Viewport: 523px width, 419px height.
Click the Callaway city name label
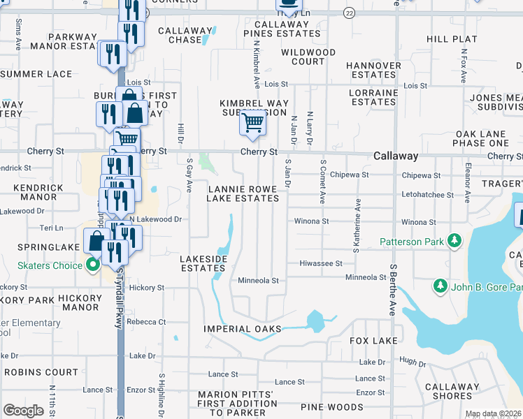click(396, 156)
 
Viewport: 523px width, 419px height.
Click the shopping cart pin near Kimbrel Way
click(252, 124)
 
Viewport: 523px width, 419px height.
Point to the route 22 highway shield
click(350, 13)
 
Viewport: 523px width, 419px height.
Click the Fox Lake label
click(374, 341)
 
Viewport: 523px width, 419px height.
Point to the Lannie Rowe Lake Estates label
click(243, 193)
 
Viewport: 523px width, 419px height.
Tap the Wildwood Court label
click(308, 57)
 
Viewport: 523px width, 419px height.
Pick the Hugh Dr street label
click(413, 361)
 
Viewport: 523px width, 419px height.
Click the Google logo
click(23, 411)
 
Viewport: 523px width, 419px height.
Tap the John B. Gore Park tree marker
click(440, 286)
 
